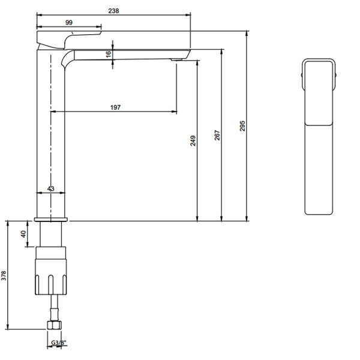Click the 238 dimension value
click(x=113, y=11)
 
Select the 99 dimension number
click(x=69, y=23)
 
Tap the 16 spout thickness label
click(x=109, y=54)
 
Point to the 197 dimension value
click(x=115, y=107)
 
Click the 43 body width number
click(x=51, y=188)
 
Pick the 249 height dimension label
click(x=193, y=141)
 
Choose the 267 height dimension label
click(x=217, y=135)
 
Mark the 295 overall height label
click(x=242, y=126)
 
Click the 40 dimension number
click(x=23, y=234)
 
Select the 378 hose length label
click(x=4, y=275)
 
